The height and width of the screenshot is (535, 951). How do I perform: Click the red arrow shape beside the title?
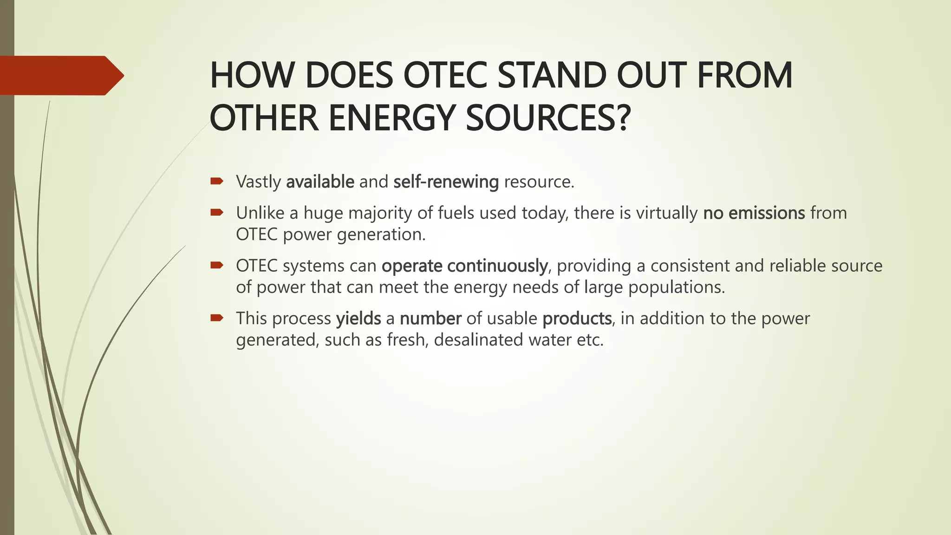(60, 75)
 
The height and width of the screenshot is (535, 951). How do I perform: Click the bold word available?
(320, 182)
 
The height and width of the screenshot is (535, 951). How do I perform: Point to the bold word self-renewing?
(446, 182)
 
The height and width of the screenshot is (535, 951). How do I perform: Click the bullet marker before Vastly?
(217, 181)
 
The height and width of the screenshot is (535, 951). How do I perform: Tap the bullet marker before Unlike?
(217, 213)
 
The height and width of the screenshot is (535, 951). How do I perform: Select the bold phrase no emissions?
(754, 213)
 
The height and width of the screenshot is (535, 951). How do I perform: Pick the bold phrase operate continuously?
(464, 266)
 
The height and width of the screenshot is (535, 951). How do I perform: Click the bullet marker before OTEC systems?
(217, 265)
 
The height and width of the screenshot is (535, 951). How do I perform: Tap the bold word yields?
(358, 319)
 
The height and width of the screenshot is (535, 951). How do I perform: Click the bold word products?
(577, 319)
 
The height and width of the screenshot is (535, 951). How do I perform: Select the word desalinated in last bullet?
(478, 340)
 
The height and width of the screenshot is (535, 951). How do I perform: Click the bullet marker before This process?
(217, 318)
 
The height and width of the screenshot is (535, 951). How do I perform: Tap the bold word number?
(430, 319)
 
